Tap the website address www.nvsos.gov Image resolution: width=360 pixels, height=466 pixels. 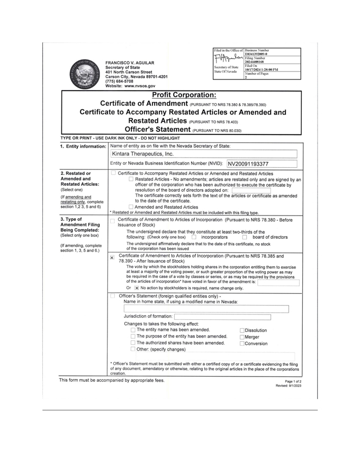tap(139, 86)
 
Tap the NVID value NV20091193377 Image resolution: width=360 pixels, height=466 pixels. tap(248, 164)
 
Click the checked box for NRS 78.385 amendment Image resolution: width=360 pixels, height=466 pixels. tap(112, 257)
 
